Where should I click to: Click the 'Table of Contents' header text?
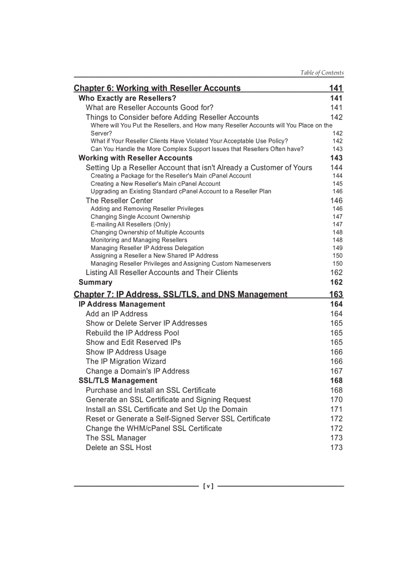point(322,72)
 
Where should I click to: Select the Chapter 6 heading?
point(157,88)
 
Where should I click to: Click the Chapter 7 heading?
point(180,294)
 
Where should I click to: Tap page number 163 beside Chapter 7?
point(336,294)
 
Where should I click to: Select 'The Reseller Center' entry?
point(119,201)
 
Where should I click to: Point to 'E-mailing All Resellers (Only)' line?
point(130,225)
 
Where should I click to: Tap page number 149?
point(337,248)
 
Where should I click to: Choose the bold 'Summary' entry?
point(96,282)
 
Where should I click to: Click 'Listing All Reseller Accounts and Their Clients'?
point(161,272)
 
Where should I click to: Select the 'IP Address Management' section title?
point(122,304)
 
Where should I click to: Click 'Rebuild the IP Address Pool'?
point(132,333)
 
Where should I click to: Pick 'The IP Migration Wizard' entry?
point(126,361)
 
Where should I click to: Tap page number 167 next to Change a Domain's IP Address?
point(336,371)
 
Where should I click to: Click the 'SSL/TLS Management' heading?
point(118,381)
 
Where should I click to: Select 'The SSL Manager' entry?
point(116,438)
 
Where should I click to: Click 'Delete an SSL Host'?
point(119,447)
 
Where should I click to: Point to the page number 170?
point(336,400)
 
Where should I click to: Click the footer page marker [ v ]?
point(208,486)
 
